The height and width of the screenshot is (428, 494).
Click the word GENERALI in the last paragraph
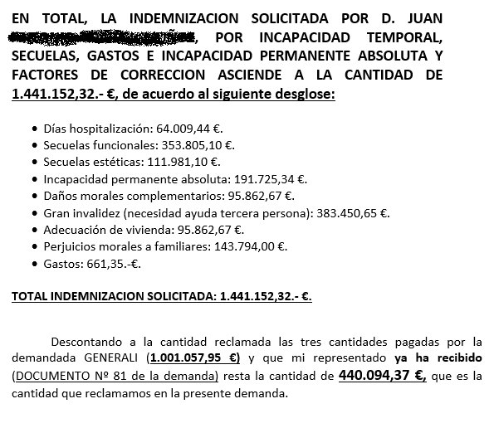(x=113, y=359)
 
